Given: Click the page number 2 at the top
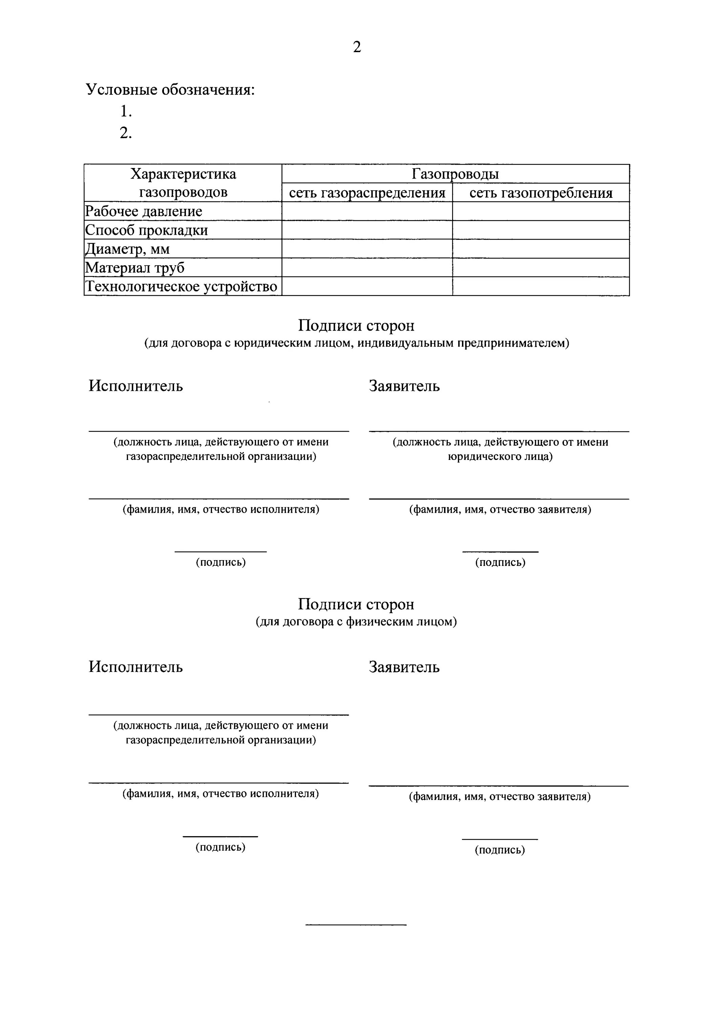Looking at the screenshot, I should pos(357,47).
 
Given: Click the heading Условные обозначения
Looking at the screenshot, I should pos(170,90).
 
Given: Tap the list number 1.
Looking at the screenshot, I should pos(126,111).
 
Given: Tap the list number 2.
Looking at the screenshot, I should pos(126,133).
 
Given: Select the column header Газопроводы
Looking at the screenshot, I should pos(455,174).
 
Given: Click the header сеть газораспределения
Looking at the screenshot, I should pos(367,193).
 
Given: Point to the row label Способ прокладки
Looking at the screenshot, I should pos(146,230).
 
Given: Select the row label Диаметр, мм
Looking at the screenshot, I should pos(127,249).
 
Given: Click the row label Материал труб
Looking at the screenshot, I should pos(134,268).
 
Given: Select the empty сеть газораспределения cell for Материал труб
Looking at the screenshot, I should pos(367,268).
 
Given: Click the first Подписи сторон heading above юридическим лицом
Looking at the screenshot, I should pos(356,326).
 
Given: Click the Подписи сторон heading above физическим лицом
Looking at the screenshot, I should pos(356,605).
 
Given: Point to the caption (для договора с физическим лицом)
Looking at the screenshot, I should pos(356,622).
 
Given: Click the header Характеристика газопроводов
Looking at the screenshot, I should pos(183,183).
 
